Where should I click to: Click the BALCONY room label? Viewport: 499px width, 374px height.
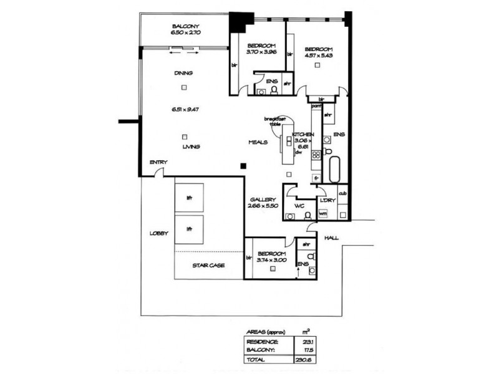coord(185,26)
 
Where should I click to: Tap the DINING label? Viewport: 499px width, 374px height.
coord(183,73)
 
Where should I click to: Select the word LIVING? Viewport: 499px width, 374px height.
coord(191,146)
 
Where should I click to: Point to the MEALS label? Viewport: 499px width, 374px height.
coord(258,142)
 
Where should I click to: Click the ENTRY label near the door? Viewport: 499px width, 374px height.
coord(157,163)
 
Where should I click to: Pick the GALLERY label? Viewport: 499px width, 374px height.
coord(261,199)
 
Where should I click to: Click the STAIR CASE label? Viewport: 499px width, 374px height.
coord(209,265)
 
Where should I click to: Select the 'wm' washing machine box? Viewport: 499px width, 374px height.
coord(323,214)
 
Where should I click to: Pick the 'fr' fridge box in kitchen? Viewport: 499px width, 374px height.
coord(317,178)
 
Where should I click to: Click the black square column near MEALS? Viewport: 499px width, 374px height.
coord(245,166)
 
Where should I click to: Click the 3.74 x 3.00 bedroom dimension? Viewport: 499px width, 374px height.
coord(271,262)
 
